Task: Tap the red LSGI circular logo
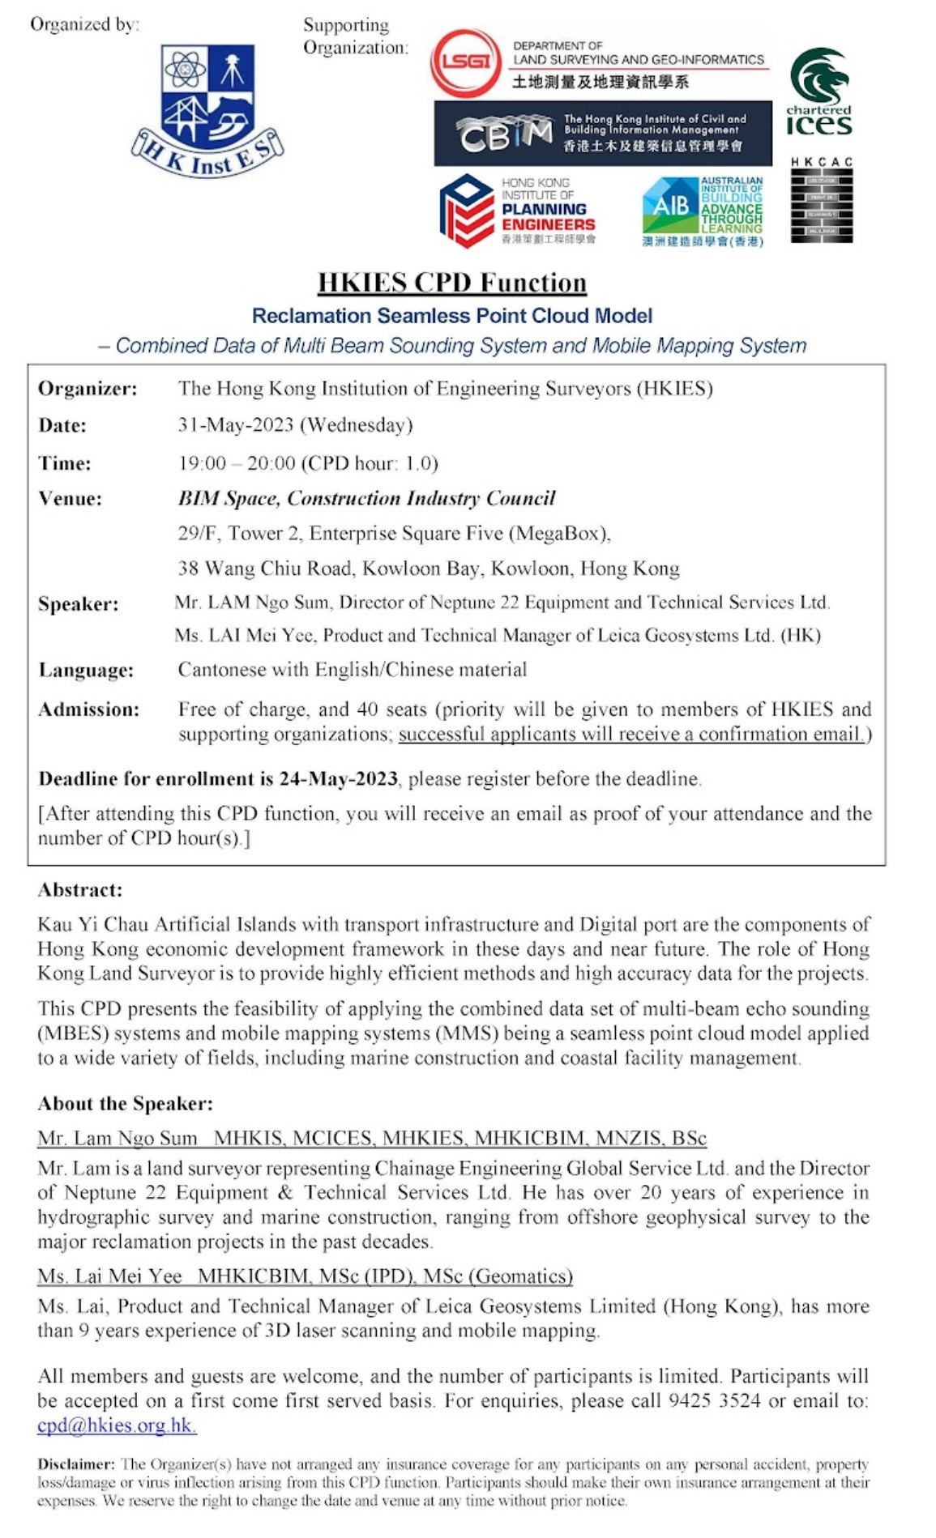pos(464,62)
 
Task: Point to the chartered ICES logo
pos(819,92)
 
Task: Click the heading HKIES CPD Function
pos(451,283)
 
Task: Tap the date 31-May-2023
pos(236,425)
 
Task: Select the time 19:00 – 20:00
pos(237,463)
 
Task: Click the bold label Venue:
pos(71,499)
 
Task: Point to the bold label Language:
pos(86,671)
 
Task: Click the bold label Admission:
pos(88,710)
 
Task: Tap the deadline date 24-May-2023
pos(338,779)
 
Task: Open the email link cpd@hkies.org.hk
pos(117,1425)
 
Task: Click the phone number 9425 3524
pos(714,1401)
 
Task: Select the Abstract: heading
pos(80,890)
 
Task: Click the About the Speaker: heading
pos(126,1104)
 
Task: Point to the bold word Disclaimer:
pos(76,1464)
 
